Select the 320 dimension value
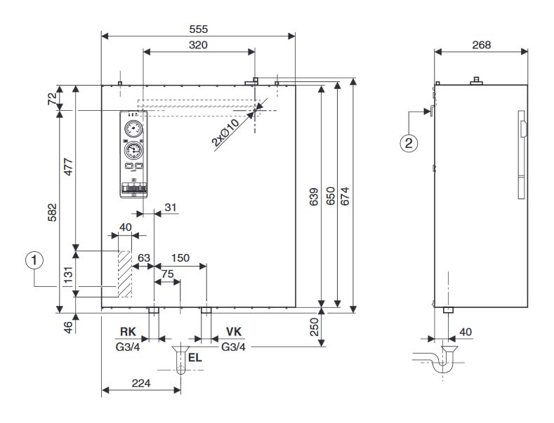pos(198,44)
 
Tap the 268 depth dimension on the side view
pos(480,44)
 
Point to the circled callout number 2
pos(409,143)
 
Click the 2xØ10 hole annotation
pos(225,131)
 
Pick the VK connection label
pos(235,332)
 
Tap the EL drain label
pos(196,358)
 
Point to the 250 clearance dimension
pos(314,328)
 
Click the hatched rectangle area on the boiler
pos(125,273)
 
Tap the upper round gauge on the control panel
pos(133,128)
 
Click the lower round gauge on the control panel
pos(133,150)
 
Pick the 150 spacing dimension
pos(180,258)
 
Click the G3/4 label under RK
pos(128,347)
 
